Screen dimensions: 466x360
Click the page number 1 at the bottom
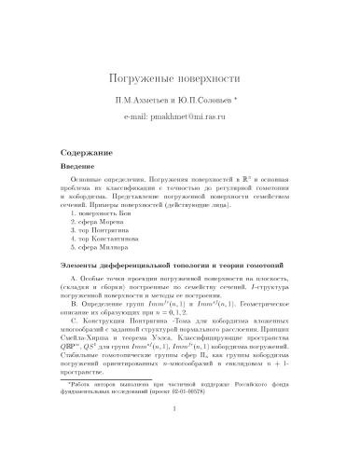180,445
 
